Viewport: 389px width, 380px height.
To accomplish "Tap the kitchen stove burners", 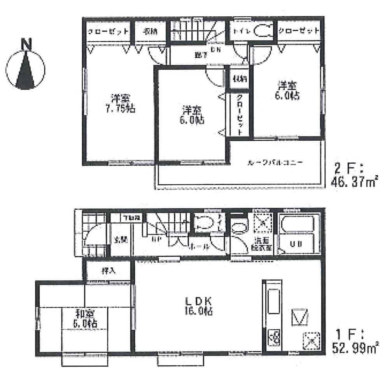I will [274, 335].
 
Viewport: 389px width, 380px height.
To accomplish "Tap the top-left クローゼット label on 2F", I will [107, 32].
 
